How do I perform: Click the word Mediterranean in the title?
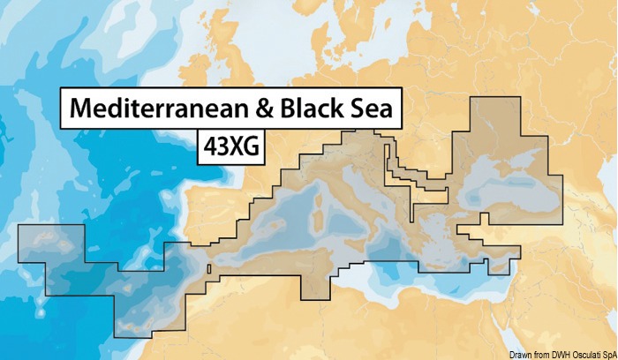click(x=159, y=109)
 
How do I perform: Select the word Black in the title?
click(x=314, y=109)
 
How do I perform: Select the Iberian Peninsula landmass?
click(x=221, y=216)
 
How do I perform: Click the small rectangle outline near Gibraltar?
click(x=208, y=268)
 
